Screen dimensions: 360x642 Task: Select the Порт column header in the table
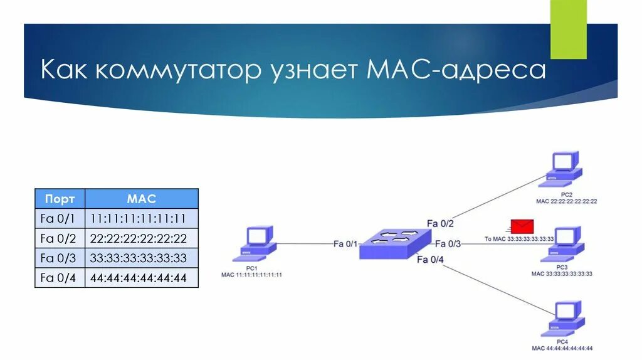[x=60, y=199]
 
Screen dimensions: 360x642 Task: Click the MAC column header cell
[x=141, y=199]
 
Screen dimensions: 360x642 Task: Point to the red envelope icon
[x=521, y=226]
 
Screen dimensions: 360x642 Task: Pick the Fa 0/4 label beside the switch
[x=430, y=259]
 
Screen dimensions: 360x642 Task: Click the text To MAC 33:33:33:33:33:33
[x=519, y=239]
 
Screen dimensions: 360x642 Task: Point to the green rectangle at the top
[x=569, y=29]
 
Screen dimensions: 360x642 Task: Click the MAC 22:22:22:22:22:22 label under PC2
[x=566, y=201]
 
